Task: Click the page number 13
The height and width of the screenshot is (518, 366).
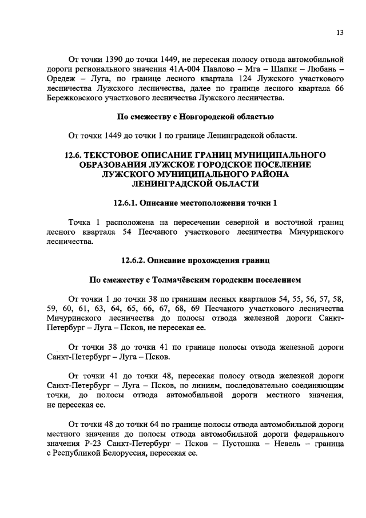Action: coord(339,33)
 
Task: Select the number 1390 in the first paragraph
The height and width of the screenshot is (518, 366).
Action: coord(116,59)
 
